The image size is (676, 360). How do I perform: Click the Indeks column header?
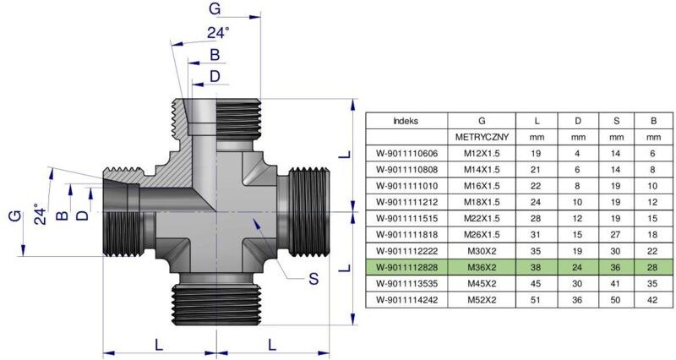click(406, 121)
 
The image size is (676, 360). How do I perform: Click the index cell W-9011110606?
click(406, 153)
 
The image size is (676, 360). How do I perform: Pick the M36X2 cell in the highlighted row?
click(481, 266)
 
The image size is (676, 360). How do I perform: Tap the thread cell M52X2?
click(481, 298)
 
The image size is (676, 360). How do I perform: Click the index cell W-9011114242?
click(406, 298)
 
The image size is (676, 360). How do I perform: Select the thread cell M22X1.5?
click(481, 218)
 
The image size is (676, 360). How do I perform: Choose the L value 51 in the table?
click(536, 298)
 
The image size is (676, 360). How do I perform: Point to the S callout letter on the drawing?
click(313, 280)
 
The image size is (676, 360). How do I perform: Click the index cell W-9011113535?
click(406, 282)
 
